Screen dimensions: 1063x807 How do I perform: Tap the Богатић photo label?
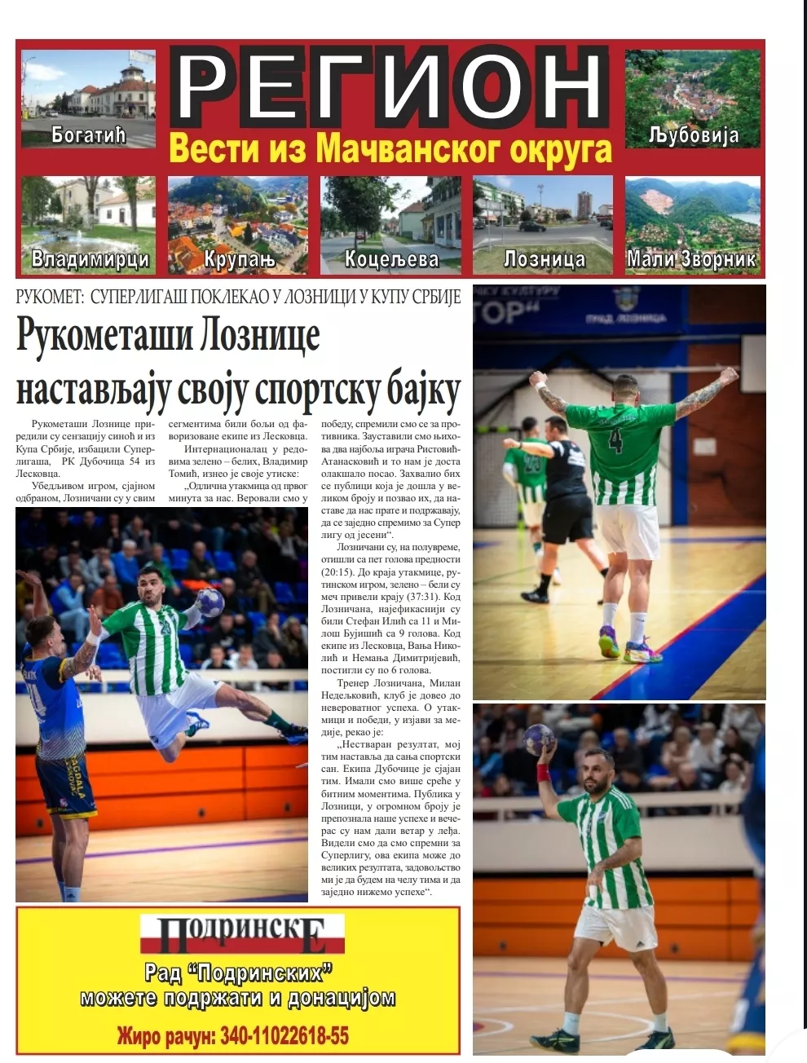[88, 134]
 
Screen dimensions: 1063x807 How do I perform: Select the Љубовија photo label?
[694, 135]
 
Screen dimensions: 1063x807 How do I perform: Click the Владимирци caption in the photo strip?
[90, 260]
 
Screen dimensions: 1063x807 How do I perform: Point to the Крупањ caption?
[239, 260]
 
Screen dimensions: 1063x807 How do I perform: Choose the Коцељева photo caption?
[391, 260]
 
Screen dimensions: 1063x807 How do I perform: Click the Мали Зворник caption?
[691, 260]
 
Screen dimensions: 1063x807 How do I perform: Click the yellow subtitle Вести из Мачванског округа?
[390, 149]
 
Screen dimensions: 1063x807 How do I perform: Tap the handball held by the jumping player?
[210, 602]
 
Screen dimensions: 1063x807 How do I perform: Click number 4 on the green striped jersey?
[615, 441]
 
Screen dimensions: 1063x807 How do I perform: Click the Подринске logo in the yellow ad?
[242, 934]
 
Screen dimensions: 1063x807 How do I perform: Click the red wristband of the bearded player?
[544, 771]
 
